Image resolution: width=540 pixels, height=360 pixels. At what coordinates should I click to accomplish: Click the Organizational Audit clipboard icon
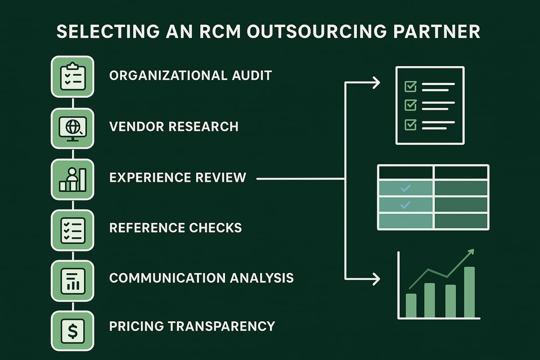72,76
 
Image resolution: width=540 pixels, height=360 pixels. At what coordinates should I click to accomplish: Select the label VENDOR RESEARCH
174,126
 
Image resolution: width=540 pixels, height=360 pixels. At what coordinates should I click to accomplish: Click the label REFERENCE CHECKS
175,227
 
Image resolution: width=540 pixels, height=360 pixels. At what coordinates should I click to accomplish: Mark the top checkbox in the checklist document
411,86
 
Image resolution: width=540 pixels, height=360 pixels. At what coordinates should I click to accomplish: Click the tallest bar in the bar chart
469,292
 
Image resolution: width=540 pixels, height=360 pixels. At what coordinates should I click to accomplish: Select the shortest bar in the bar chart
411,306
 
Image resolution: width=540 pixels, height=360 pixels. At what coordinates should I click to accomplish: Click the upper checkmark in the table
405,188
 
